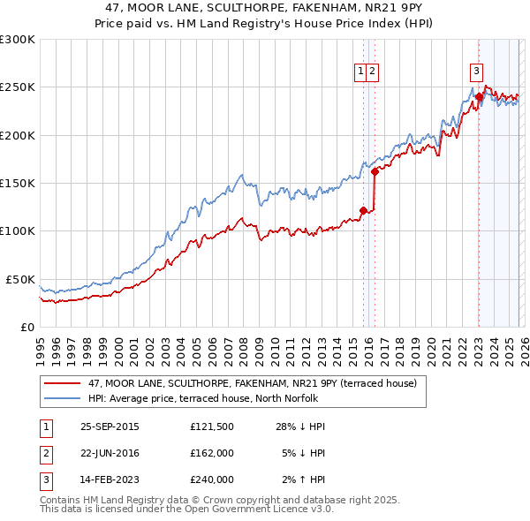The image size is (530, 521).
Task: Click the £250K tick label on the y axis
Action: tap(18, 87)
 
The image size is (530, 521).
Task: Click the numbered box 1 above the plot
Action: tap(361, 72)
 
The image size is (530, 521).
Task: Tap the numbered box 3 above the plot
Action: tap(476, 72)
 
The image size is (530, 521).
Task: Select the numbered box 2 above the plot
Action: tap(373, 72)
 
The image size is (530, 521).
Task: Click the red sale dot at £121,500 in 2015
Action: tap(363, 210)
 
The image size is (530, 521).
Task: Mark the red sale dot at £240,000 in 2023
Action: tap(479, 97)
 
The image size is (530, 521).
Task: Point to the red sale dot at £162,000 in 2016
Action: tap(375, 171)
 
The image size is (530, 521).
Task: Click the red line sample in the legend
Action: tap(62, 384)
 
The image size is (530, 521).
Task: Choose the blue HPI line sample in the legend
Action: tap(62, 398)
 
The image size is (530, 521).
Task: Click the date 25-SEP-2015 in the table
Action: tap(110, 427)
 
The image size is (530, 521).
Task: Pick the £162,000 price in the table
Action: tap(212, 453)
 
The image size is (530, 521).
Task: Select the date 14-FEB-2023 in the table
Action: tap(110, 479)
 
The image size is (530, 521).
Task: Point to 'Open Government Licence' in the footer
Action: tap(257, 510)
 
